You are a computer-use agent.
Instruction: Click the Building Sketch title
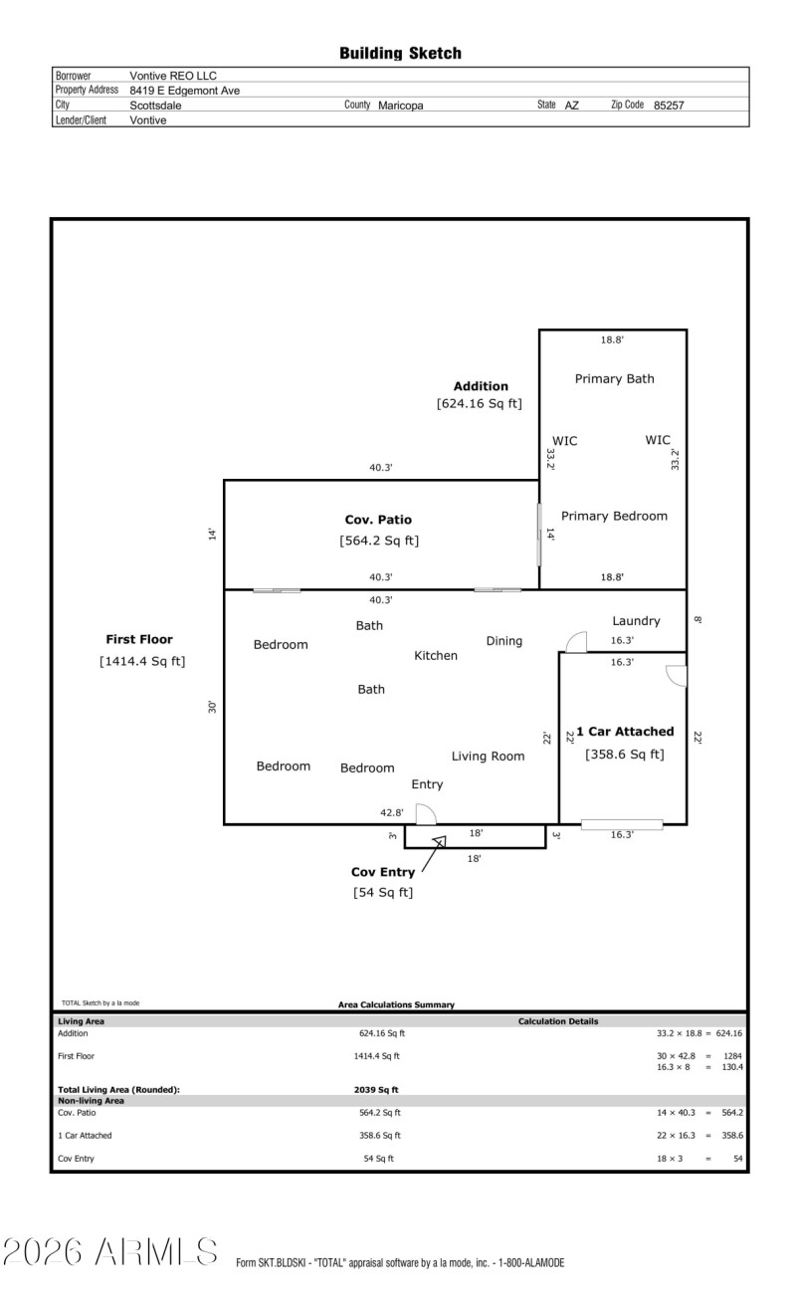(400, 53)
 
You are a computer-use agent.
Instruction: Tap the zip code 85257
(669, 105)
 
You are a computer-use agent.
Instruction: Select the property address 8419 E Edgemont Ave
(184, 91)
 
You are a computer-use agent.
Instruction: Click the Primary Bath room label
(614, 378)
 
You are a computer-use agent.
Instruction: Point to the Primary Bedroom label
(614, 516)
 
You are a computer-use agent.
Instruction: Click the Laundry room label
(636, 621)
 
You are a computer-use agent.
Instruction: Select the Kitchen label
(436, 655)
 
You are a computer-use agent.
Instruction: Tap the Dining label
(503, 640)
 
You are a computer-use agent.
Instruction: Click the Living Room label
(488, 757)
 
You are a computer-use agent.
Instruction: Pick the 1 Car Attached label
(624, 732)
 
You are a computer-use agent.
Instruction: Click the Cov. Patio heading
(378, 520)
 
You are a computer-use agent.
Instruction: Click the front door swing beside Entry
(425, 814)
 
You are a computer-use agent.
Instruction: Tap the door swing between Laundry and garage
(575, 642)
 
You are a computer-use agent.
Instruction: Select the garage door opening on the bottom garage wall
(622, 824)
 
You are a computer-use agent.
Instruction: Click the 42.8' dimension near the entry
(391, 813)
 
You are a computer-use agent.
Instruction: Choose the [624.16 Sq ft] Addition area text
(479, 403)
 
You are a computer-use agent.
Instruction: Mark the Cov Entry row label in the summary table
(76, 1159)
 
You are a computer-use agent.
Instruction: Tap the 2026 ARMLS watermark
(110, 1252)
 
